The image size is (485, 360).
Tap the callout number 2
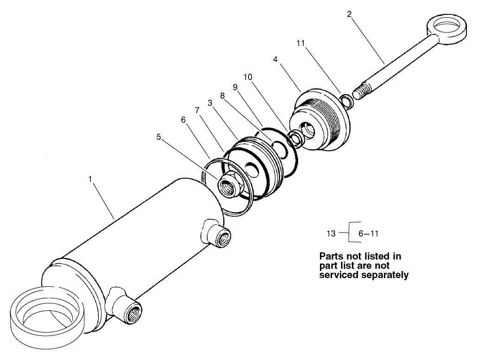point(349,14)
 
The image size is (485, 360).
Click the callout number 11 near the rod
point(300,43)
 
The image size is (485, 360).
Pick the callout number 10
point(248,76)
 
